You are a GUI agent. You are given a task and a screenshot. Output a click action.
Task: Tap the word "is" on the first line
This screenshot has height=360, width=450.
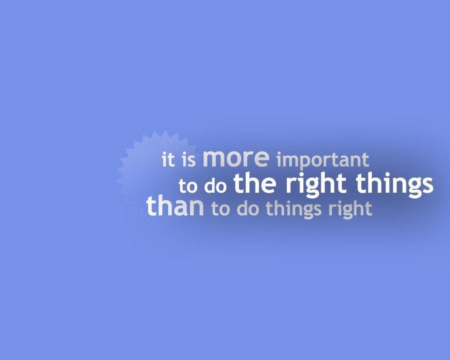tap(188, 160)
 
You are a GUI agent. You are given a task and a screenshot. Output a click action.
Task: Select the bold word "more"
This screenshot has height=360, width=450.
tap(236, 158)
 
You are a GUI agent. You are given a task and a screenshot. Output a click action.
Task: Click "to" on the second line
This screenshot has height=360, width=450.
tap(188, 186)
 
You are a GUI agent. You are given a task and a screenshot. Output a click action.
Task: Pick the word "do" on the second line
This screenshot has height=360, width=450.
tap(216, 186)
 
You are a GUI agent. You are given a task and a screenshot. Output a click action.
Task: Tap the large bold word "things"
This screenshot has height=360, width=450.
tap(394, 184)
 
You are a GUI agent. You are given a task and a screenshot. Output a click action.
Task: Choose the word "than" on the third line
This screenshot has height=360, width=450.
tap(175, 207)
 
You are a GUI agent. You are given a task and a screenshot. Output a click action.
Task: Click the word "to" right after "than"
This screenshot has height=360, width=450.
tap(221, 209)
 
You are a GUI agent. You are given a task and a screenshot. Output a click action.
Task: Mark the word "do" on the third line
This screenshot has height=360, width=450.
tap(248, 209)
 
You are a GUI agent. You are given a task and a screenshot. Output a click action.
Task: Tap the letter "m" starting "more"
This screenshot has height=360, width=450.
tap(213, 159)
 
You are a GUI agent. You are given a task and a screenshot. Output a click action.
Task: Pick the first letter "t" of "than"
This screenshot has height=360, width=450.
tap(151, 207)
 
